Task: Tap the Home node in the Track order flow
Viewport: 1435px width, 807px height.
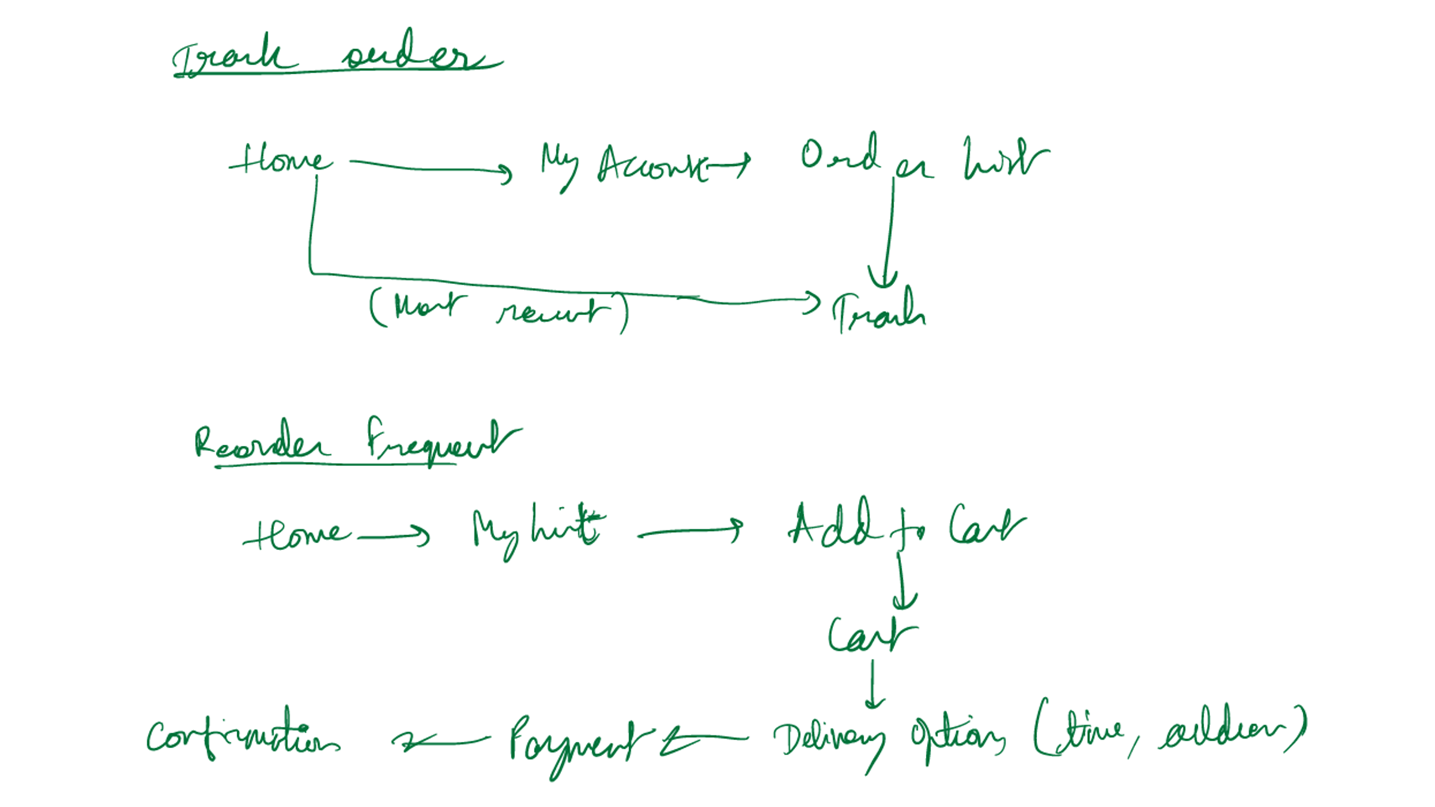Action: click(282, 160)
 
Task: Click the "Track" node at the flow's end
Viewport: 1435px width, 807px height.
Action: click(879, 312)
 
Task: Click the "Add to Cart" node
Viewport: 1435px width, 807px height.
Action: click(905, 526)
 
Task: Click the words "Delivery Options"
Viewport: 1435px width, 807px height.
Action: click(889, 738)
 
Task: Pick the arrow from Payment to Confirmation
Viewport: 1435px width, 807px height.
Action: click(440, 741)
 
